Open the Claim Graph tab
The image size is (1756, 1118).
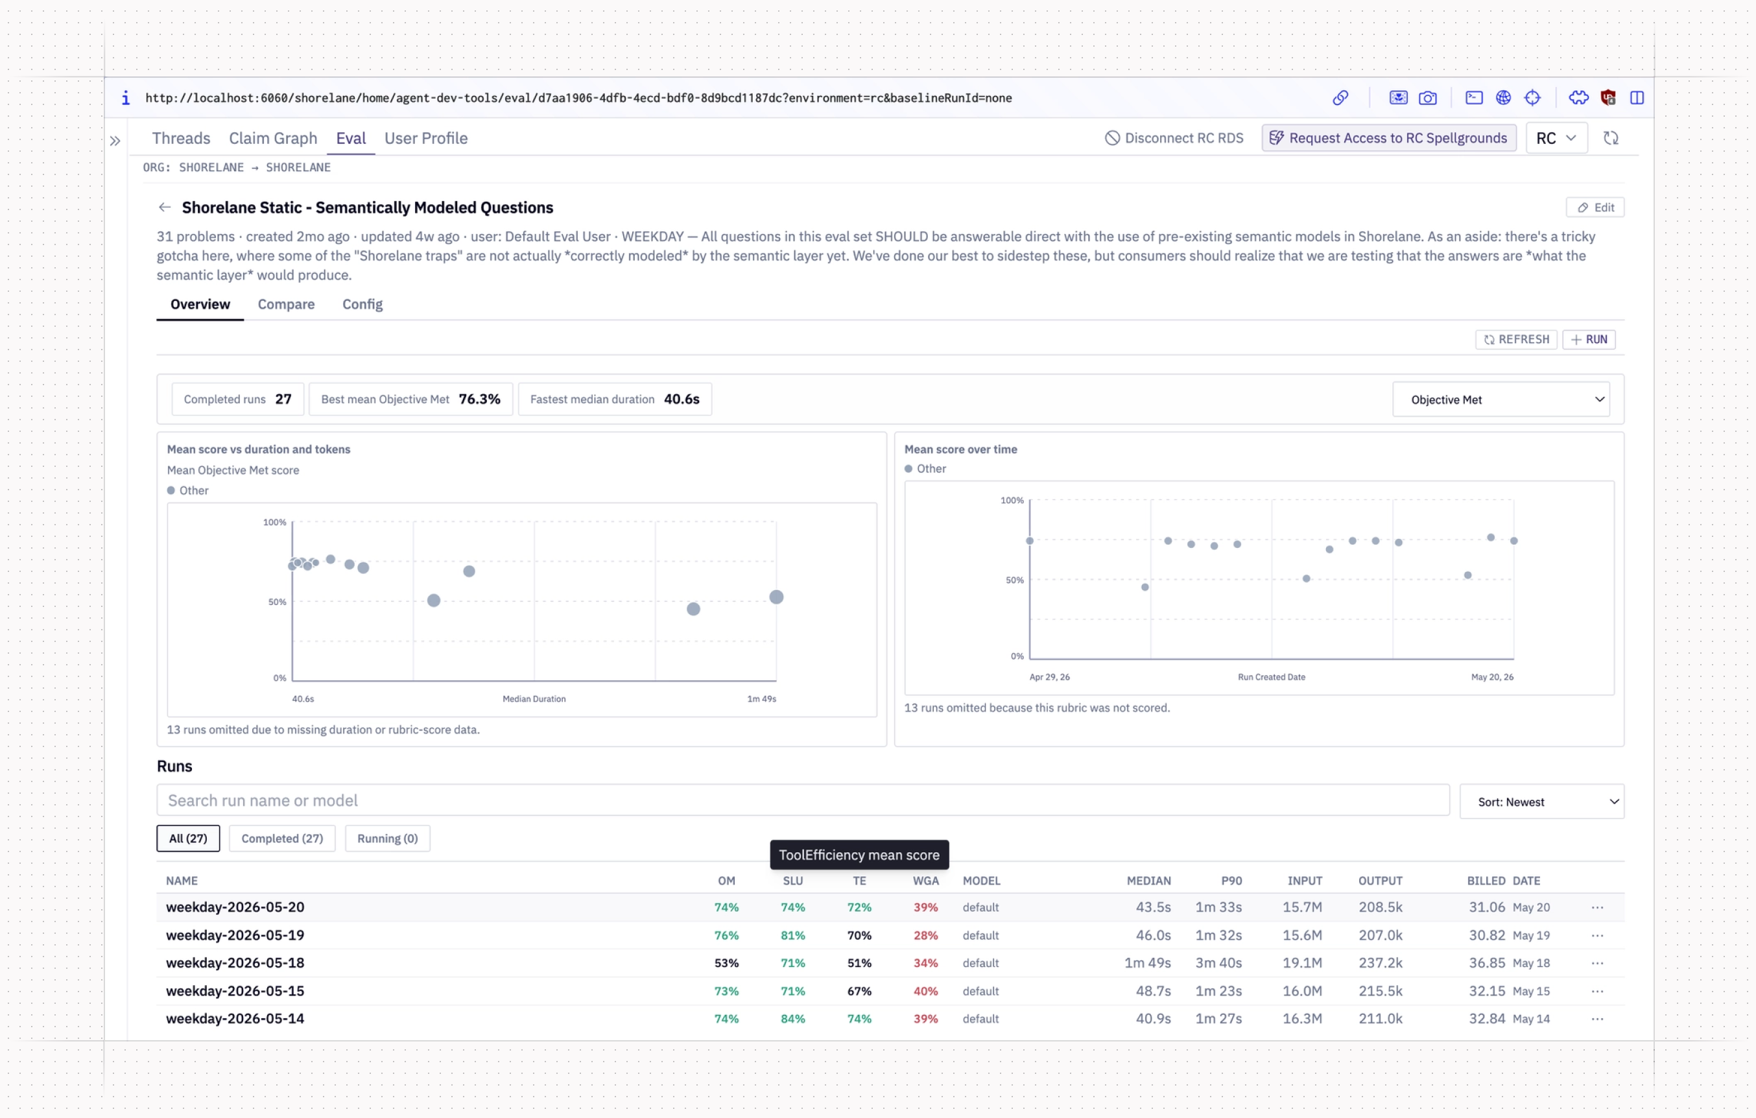tap(273, 138)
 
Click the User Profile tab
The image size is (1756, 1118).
tap(426, 138)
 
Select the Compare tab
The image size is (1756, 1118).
tap(286, 304)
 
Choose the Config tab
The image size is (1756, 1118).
tap(362, 304)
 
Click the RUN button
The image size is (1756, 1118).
tap(1589, 339)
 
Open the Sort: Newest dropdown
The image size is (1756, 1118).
tap(1541, 802)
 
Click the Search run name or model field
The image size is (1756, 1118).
tap(803, 800)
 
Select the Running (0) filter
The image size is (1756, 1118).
tap(387, 838)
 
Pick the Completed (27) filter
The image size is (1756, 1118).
tap(282, 838)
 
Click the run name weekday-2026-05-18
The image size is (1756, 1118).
tap(235, 962)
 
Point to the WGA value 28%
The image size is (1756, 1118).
tap(925, 935)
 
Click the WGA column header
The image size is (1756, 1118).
tap(925, 880)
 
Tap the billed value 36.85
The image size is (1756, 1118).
tap(1487, 962)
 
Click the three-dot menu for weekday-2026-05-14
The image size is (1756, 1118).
tap(1597, 1019)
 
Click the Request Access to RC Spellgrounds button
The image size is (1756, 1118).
tap(1388, 138)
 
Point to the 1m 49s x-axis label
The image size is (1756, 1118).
tap(761, 698)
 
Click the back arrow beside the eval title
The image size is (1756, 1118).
tap(165, 207)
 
